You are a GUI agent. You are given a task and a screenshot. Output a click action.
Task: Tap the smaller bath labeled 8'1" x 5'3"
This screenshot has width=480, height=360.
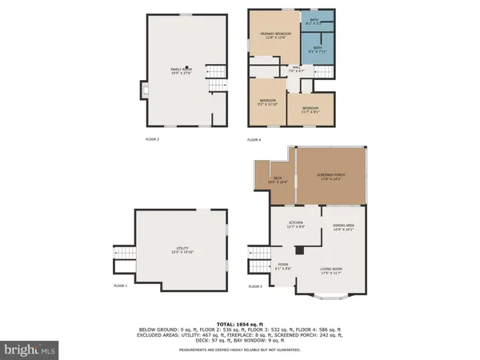tap(314, 22)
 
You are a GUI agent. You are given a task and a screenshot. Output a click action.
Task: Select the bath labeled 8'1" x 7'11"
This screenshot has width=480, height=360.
tap(318, 50)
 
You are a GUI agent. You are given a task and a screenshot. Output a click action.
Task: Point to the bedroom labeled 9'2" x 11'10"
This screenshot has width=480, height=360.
tap(266, 102)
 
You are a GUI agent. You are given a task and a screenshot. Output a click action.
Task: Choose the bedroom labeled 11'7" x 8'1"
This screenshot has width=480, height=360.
tap(310, 110)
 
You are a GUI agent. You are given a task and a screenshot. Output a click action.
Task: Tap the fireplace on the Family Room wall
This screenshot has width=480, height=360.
tap(144, 89)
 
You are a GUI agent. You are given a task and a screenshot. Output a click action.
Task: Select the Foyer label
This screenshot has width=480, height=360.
tap(283, 267)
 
